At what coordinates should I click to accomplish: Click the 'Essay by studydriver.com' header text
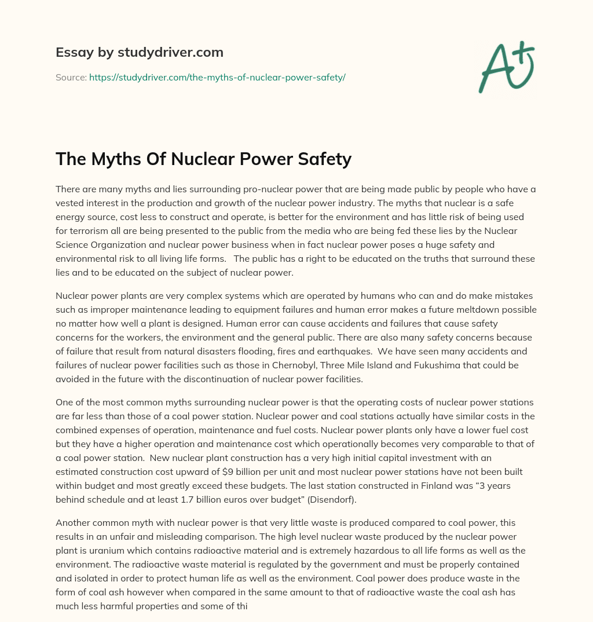pyautogui.click(x=140, y=52)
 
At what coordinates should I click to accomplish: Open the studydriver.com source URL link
pyautogui.click(x=217, y=77)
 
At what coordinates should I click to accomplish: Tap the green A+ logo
pyautogui.click(x=507, y=67)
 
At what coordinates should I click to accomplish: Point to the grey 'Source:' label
pyautogui.click(x=71, y=77)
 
